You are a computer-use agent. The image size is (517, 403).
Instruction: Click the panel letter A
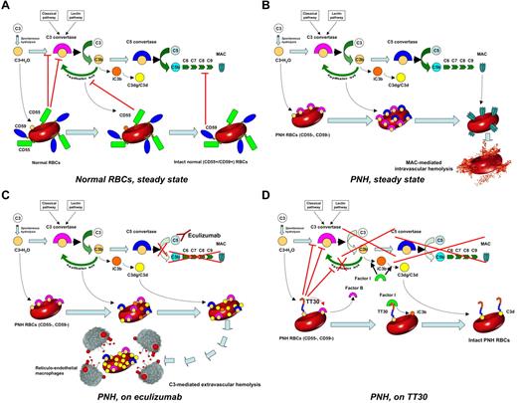coord(7,7)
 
